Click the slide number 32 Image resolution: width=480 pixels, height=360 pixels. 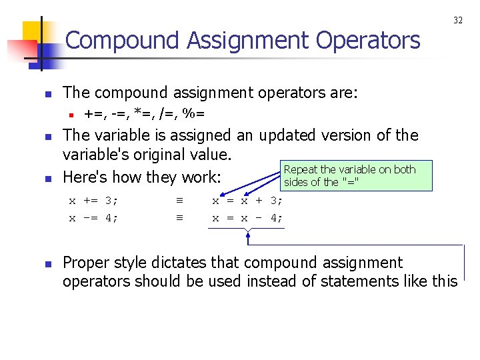[x=458, y=21]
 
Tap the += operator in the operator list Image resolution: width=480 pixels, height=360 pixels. [x=94, y=114]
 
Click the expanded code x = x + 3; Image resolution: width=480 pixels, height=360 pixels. [x=247, y=200]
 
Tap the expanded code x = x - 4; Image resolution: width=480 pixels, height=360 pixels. [x=247, y=217]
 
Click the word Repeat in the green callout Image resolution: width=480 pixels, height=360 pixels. [x=301, y=169]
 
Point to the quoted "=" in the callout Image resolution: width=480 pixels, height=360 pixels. [x=351, y=182]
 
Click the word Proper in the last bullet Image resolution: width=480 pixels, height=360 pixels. [x=85, y=263]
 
